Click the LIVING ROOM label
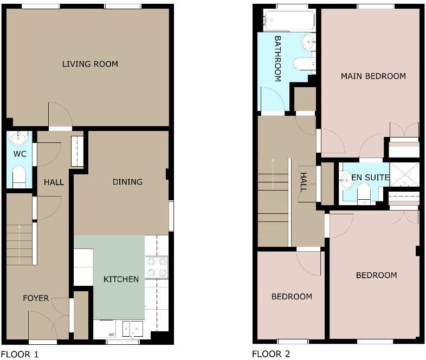pos(90,64)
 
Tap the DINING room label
pos(127,182)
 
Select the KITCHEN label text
pos(121,279)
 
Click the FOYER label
pos(36,298)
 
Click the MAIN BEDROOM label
pos(373,76)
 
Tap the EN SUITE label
pos(370,177)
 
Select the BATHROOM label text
pos(277,58)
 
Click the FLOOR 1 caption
pos(20,355)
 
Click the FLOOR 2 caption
pos(271,355)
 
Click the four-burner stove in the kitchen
pos(157,267)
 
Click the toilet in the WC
pos(19,176)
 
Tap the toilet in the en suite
pos(364,191)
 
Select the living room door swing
pos(60,115)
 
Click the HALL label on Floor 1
pos(54,182)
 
